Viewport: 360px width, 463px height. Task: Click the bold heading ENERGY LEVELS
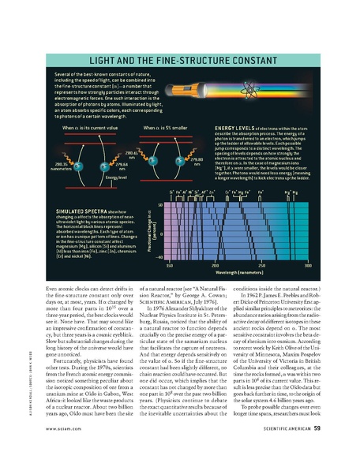click(238, 128)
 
